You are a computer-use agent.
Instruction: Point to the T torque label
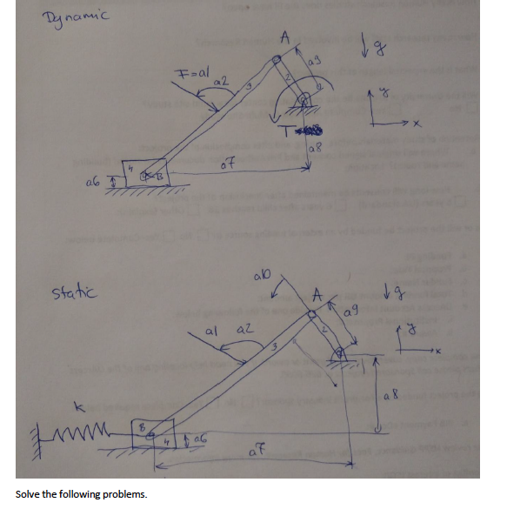pos(289,130)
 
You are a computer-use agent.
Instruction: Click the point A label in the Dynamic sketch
pos(283,37)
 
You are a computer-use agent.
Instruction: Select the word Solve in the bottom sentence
pos(28,494)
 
